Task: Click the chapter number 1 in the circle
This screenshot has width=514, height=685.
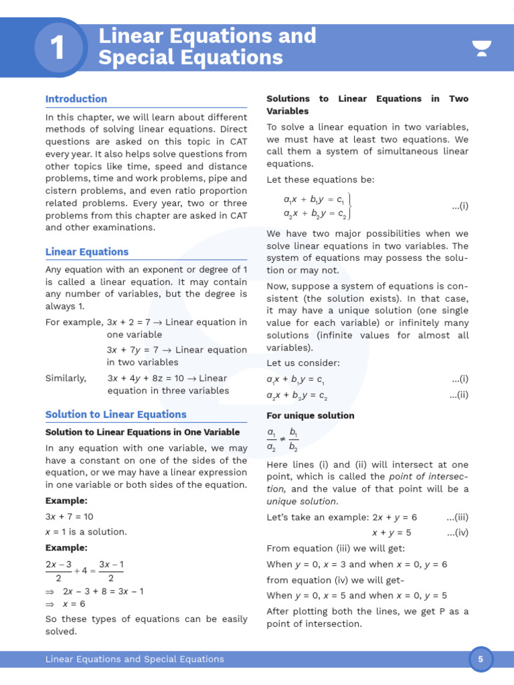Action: tap(58, 48)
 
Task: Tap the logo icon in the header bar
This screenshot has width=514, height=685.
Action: tap(481, 48)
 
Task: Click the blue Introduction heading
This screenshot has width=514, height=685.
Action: tap(76, 99)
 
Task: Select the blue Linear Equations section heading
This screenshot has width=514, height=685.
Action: tap(87, 252)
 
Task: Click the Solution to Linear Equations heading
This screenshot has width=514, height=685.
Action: tap(116, 415)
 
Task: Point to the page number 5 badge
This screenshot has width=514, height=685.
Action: tap(480, 660)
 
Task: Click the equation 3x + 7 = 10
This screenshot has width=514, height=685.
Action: tap(70, 516)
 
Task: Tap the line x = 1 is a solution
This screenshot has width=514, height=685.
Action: tap(86, 532)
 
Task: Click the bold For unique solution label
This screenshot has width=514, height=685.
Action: tap(311, 415)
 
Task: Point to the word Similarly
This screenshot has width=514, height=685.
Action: tap(66, 379)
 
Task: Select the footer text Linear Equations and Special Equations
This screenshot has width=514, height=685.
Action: tap(135, 660)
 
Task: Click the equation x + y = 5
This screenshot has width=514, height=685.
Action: tap(392, 532)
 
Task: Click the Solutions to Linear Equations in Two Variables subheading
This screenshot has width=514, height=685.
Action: tap(367, 105)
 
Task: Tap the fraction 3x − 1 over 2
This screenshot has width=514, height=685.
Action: tap(111, 571)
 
